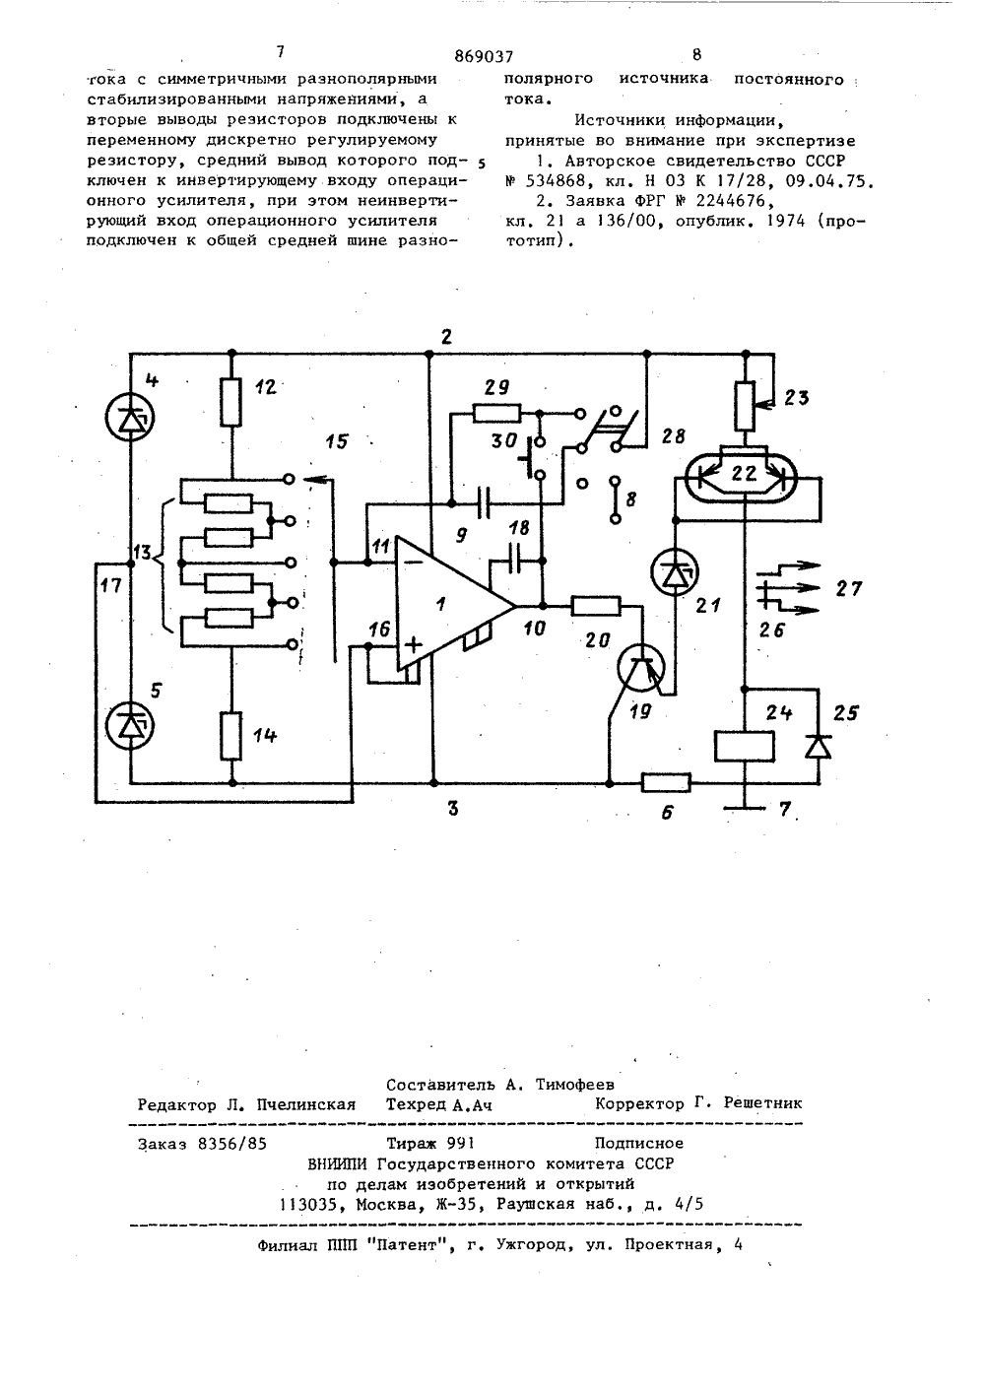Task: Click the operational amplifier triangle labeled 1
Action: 455,605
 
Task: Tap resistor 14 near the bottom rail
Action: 231,736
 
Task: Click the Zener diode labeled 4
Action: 131,421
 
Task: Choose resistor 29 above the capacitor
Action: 496,413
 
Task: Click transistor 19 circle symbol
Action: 640,669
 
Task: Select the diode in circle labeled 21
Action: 674,572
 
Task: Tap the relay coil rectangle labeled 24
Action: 745,747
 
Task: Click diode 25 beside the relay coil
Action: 819,746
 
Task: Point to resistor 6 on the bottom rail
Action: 666,783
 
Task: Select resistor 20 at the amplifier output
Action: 596,606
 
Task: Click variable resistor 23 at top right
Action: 747,407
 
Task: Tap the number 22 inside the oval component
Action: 745,473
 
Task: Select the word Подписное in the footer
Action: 638,1143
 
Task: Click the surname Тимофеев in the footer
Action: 575,1085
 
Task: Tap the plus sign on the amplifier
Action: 414,645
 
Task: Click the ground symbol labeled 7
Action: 745,808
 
